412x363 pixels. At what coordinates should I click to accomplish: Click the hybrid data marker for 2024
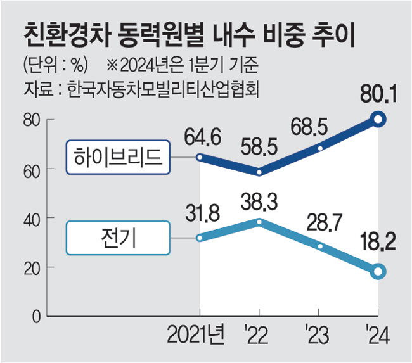click(378, 119)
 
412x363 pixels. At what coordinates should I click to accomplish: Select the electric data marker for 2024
click(378, 271)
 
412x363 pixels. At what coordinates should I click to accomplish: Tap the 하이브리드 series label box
click(119, 158)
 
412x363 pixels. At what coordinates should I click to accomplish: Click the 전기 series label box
click(119, 238)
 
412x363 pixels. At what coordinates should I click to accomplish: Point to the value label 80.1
click(378, 96)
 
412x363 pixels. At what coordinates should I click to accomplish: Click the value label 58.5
click(259, 150)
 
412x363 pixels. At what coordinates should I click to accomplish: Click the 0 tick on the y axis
click(37, 315)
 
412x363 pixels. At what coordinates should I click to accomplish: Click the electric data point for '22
click(259, 222)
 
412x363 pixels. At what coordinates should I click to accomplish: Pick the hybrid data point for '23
click(319, 148)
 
